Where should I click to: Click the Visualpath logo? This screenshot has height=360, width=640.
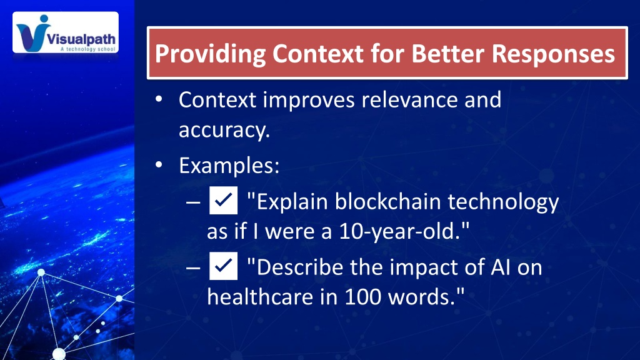66,32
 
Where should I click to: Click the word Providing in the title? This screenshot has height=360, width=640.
210,54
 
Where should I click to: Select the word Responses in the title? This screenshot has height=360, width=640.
553,54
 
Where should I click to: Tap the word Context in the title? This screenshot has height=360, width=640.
318,54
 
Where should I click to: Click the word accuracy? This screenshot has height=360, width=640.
224,131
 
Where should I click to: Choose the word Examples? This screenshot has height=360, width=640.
229,166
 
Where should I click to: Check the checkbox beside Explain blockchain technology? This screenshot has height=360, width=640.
223,200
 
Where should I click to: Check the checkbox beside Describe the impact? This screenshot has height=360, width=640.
223,266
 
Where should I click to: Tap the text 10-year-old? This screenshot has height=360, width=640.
399,231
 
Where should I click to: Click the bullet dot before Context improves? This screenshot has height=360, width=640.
159,99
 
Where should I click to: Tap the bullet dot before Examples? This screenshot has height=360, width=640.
159,165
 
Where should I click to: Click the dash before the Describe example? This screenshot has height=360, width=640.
193,267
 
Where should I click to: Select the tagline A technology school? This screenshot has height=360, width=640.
88,49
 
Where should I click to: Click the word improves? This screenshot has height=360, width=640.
309,101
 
